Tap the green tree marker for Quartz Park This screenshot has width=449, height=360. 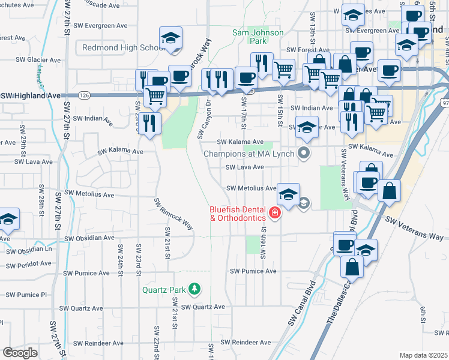(x=194, y=290)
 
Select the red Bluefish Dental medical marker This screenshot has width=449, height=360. (x=275, y=213)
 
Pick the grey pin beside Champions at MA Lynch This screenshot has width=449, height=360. (x=304, y=153)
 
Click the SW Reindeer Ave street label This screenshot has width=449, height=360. (x=246, y=342)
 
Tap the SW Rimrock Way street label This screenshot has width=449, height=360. (x=174, y=214)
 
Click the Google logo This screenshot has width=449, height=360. (x=20, y=352)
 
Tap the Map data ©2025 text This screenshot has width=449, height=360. (x=423, y=355)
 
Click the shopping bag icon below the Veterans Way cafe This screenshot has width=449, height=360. (x=352, y=268)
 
